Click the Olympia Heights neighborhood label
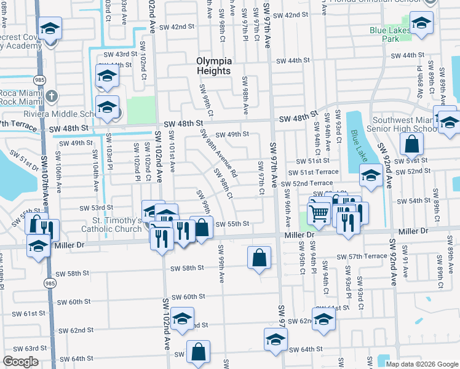coord(214,66)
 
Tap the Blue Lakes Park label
coord(390,34)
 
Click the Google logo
coord(20,362)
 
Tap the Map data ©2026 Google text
coord(421,364)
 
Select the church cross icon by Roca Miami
coord(52,97)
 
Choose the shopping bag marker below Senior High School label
coord(411,145)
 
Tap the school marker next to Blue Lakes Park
coord(421,25)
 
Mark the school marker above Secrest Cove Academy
coord(49,28)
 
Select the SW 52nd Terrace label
coord(307,184)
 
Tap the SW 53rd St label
coord(103,208)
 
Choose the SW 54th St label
coord(413,201)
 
